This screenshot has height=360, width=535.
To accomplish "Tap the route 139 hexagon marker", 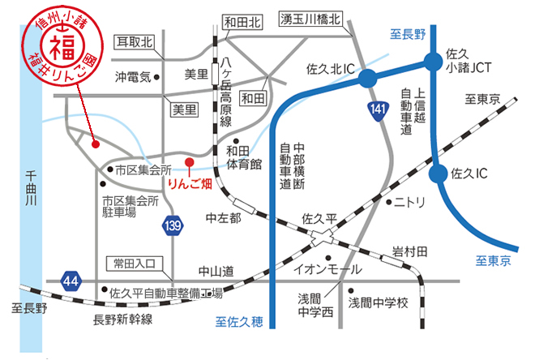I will (170, 224).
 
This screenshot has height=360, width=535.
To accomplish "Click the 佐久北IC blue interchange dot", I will (368, 78).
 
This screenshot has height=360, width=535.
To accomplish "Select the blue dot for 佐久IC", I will (439, 173).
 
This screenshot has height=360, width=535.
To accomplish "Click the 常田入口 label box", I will (135, 264).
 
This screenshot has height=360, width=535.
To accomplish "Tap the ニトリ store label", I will (410, 203).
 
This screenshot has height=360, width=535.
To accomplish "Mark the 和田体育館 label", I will (244, 157).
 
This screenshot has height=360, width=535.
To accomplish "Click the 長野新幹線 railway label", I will (123, 319).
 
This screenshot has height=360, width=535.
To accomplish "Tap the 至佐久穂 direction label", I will (239, 322).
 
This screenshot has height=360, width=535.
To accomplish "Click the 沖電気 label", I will (133, 78).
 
